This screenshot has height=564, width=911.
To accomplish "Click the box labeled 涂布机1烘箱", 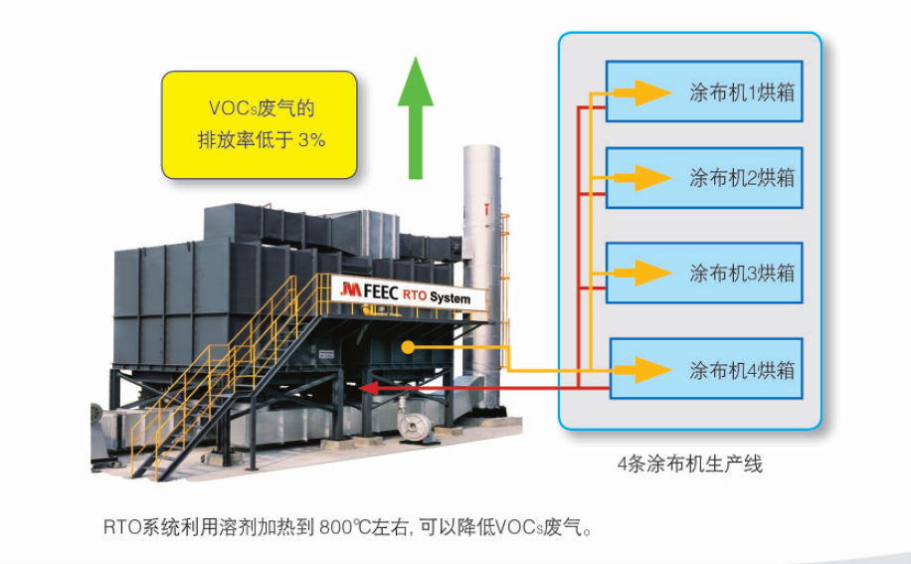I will [704, 93].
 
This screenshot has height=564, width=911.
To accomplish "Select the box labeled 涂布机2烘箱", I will [704, 178].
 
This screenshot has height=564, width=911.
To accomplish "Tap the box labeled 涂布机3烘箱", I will [704, 273].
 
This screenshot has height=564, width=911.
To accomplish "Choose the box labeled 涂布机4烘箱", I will [705, 370].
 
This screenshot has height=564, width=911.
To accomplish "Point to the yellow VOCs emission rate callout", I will [260, 124].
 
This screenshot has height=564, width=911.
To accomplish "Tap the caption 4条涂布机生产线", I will [690, 464].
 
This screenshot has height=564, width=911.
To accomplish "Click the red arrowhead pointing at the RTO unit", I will [367, 387].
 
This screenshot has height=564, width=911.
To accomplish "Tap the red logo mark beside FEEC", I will [349, 288].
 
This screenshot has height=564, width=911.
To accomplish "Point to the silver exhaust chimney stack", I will [481, 259].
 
